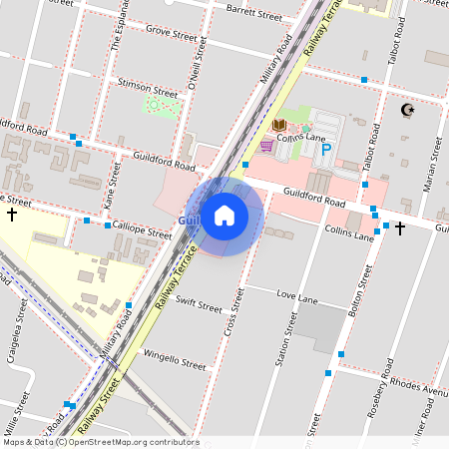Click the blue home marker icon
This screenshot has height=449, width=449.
pos(224,216)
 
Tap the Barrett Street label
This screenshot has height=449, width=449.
pos(254,14)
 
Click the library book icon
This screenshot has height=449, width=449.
pos(279,125)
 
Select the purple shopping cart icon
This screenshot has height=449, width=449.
pos(266,146)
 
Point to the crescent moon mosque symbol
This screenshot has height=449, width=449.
pos(406,109)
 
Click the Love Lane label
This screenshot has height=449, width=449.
pos(296,296)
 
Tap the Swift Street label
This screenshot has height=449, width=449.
pos(198,304)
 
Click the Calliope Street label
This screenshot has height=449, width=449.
pos(142,229)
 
